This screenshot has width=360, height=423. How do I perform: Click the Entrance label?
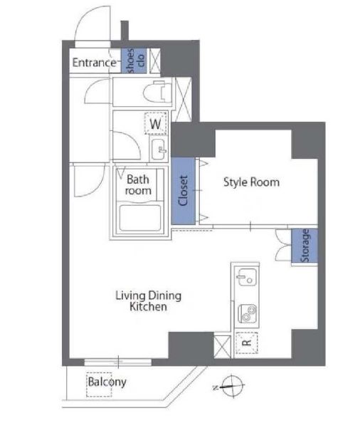click(x=94, y=63)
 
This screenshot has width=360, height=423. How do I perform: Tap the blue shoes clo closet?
click(x=134, y=61)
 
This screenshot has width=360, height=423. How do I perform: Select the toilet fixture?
click(x=158, y=92)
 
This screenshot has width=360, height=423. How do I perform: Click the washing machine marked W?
click(x=156, y=124)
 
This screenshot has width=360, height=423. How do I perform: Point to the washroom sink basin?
click(x=159, y=149)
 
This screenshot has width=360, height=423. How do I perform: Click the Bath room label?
click(x=138, y=185)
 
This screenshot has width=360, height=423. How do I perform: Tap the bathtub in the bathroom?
click(x=140, y=218)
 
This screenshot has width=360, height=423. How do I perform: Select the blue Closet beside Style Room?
click(x=184, y=191)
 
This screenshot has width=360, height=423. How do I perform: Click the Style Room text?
click(x=251, y=182)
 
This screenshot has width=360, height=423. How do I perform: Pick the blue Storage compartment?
click(x=305, y=246)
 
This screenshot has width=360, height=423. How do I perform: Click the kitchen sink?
click(x=247, y=277)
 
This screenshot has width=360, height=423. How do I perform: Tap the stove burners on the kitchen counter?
click(x=248, y=313)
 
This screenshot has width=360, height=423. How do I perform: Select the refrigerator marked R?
click(x=247, y=343)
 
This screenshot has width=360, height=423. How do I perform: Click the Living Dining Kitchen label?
click(x=149, y=301)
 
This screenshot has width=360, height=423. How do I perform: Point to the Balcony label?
click(x=107, y=382)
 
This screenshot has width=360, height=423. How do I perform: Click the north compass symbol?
click(x=231, y=386)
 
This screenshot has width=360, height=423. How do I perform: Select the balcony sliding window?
click(x=118, y=362)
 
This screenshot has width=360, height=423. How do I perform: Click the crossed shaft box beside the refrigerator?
click(x=222, y=347)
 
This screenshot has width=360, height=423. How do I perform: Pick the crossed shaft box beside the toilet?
click(x=184, y=100)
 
